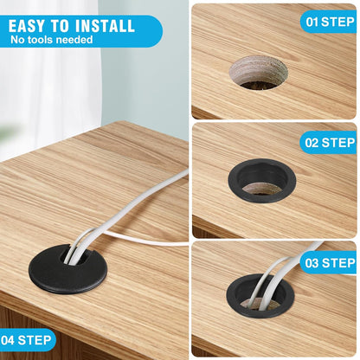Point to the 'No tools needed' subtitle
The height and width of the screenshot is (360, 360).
point(52,40)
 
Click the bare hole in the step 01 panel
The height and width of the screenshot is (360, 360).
point(259,72)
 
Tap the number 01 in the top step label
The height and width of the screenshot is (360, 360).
point(312,21)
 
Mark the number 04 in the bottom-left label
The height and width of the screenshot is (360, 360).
point(12,340)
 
